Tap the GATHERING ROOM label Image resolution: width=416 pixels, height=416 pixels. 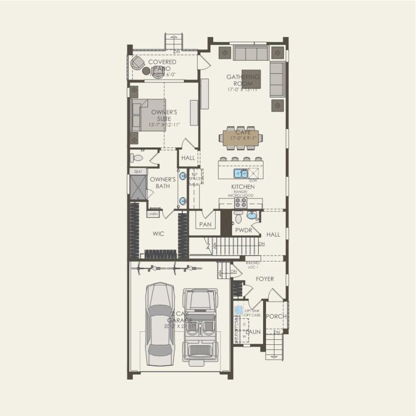click(243, 80)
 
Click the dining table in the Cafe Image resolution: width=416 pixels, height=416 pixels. click(244, 138)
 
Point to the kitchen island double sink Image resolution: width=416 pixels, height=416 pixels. click(241, 173)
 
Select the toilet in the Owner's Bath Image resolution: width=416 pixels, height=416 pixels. click(137, 158)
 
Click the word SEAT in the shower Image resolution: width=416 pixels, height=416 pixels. click(137, 171)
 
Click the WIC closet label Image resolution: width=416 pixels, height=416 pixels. click(158, 233)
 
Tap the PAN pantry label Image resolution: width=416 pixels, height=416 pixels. click(205, 225)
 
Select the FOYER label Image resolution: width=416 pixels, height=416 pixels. click(265, 279)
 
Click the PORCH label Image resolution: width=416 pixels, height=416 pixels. click(276, 316)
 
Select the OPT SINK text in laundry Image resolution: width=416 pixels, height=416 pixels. click(253, 310)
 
